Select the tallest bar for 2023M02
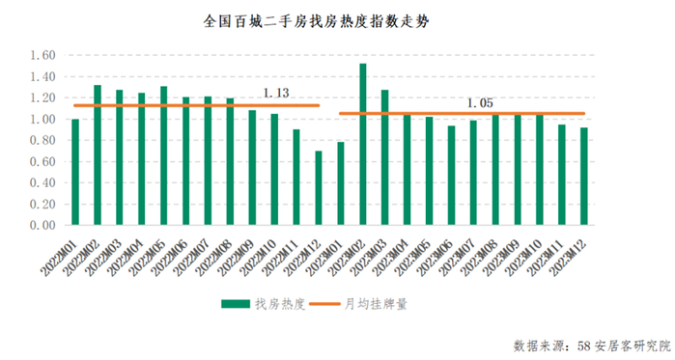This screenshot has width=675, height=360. [362, 145]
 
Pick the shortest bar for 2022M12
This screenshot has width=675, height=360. [319, 188]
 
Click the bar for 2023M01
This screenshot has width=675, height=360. [341, 183]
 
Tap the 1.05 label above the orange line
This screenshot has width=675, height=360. [480, 102]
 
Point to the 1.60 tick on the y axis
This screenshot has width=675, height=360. [42, 56]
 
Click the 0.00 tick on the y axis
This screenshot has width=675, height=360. [42, 225]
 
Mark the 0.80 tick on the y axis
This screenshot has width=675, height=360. [42, 141]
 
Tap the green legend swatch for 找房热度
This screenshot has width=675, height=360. [234, 304]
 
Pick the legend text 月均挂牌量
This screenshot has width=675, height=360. [375, 304]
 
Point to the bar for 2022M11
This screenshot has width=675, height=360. [296, 178]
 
